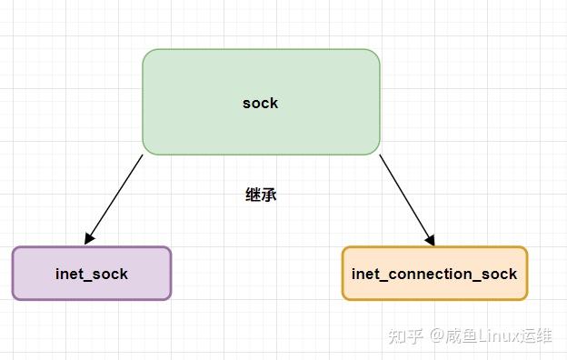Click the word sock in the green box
click(x=260, y=103)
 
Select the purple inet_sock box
click(x=91, y=273)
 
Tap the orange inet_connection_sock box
click(x=434, y=273)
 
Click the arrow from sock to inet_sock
click(x=114, y=198)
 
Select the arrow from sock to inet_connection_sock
click(x=406, y=199)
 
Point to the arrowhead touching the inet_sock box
click(x=89, y=240)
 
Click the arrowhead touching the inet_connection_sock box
click(x=431, y=240)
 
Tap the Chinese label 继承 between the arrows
click(x=261, y=195)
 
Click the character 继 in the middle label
click(x=254, y=195)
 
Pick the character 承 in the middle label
click(x=269, y=195)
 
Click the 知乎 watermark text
click(x=405, y=335)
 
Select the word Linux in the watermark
click(x=495, y=335)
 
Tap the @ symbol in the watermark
click(x=438, y=335)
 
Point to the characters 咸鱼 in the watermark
click(x=461, y=335)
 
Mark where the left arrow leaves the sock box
click(x=143, y=155)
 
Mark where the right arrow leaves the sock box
click(x=380, y=155)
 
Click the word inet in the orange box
click(x=365, y=274)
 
